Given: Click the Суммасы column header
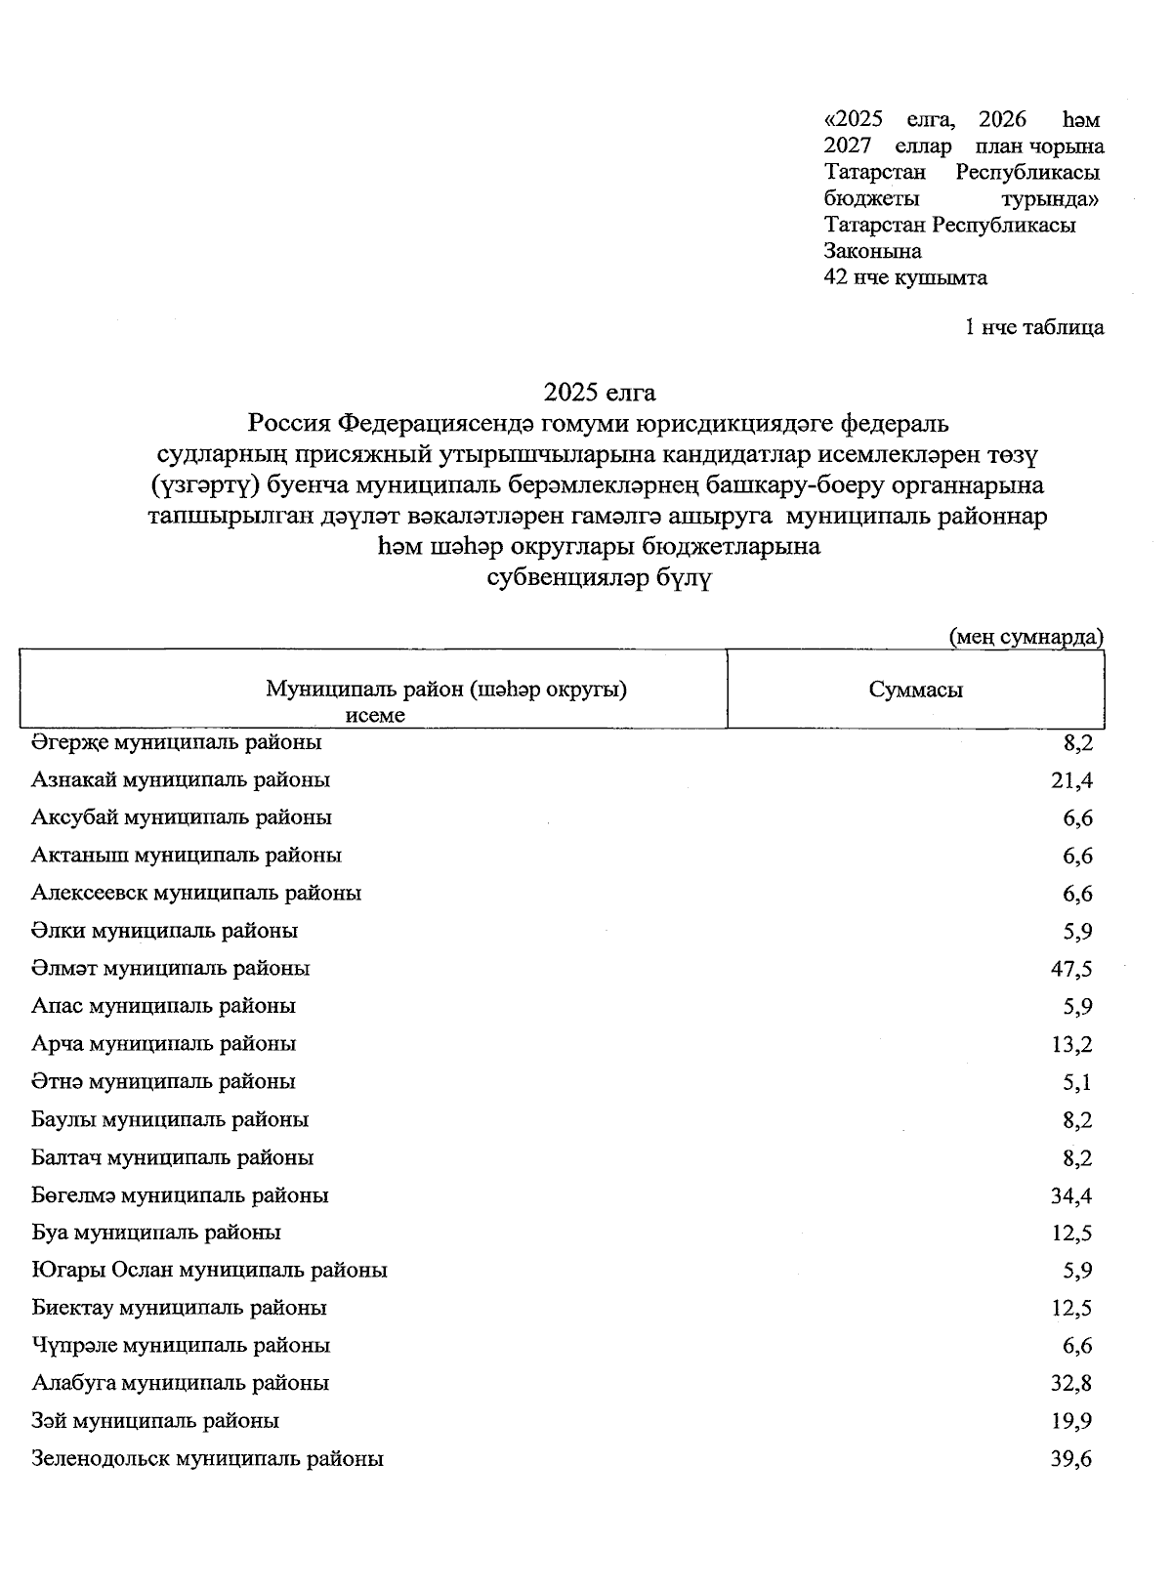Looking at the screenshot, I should point(915,690).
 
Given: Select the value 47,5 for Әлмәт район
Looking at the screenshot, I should point(1071,969).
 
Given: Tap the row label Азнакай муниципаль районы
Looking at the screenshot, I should point(181,780).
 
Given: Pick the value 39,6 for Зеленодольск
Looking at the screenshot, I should point(1071,1460).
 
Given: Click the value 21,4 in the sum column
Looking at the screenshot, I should point(1071,780).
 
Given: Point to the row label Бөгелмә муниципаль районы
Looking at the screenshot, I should point(180,1195).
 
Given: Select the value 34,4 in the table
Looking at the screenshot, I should point(1071,1195).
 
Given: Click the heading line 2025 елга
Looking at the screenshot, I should point(600,393).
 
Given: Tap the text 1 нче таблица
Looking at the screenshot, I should point(1034,327).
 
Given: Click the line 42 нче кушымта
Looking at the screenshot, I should point(905,277).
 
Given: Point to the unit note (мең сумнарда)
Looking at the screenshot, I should point(1026,637).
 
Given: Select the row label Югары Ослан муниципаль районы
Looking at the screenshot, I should point(209,1271).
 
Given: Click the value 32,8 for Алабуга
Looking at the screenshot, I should point(1071,1384).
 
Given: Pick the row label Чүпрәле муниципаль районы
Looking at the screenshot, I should point(181,1346).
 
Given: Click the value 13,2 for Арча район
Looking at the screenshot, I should point(1071,1045).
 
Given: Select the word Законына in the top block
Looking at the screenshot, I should point(872,251).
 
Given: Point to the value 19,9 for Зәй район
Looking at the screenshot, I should point(1071,1422).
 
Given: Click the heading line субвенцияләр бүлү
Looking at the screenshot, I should point(600,577).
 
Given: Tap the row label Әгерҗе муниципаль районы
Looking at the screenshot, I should point(177,742).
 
